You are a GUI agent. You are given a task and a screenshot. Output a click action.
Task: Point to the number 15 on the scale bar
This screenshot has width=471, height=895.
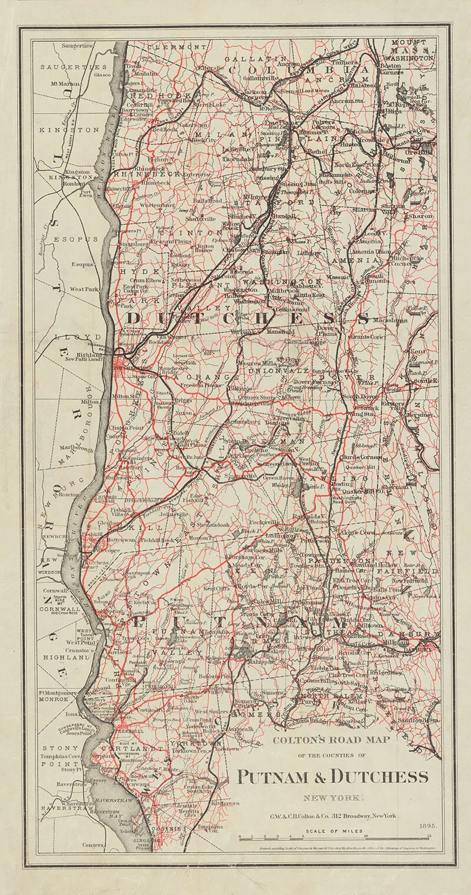[430, 835]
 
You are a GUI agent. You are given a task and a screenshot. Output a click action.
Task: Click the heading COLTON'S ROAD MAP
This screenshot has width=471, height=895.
[331, 740]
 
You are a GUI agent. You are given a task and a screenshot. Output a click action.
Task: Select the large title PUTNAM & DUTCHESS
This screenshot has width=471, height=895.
[333, 777]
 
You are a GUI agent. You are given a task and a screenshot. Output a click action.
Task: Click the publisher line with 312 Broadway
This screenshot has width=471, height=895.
[333, 816]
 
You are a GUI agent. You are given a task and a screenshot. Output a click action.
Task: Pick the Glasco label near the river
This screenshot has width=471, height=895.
[102, 75]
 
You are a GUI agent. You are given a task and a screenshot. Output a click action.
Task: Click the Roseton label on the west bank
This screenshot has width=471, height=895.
[68, 495]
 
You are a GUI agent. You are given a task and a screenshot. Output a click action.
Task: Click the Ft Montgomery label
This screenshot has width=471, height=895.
[58, 693]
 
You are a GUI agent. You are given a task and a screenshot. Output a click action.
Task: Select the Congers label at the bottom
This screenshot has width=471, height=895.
[93, 845]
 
